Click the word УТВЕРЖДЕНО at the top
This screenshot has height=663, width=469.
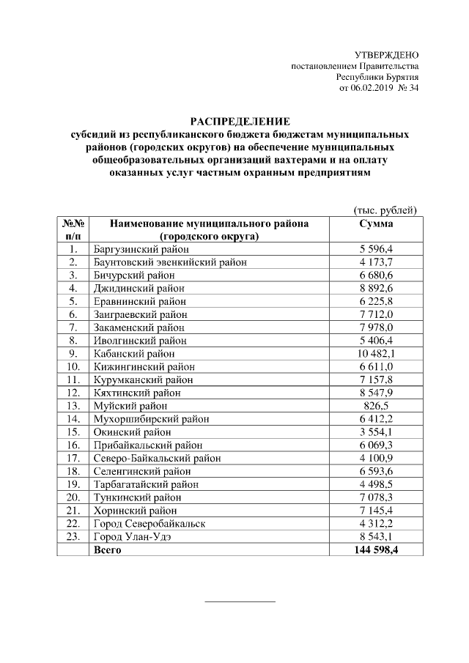(x=387, y=55)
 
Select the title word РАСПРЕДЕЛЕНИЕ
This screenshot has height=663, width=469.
(x=240, y=121)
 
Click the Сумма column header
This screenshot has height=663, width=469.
(x=376, y=223)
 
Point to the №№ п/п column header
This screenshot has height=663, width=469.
(x=73, y=230)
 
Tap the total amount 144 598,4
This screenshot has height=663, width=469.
(x=376, y=549)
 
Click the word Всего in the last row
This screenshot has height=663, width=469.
(x=108, y=549)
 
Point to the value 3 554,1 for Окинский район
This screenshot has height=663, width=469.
(x=376, y=432)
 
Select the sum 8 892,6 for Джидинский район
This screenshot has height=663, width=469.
(x=376, y=289)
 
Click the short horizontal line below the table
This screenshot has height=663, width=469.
(x=240, y=601)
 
